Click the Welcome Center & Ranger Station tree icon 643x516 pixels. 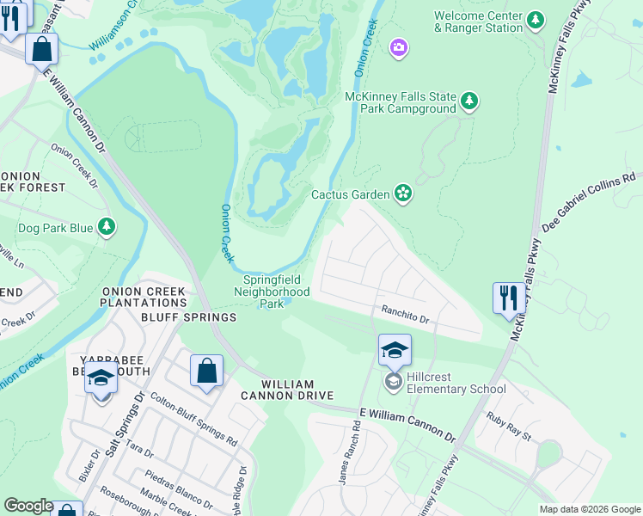pos(536,19)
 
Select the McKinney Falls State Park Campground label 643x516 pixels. pos(401,102)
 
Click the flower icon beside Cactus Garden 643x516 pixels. pos(402,193)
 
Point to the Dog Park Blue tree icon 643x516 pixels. pos(106,227)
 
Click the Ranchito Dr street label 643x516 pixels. pos(405,317)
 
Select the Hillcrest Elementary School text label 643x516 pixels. pos(458,389)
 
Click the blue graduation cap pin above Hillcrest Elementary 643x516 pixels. pos(395,350)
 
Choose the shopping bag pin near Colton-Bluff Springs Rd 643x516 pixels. pos(206,372)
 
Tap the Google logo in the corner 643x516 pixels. pos(28,506)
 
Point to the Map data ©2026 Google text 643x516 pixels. pos(589,509)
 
